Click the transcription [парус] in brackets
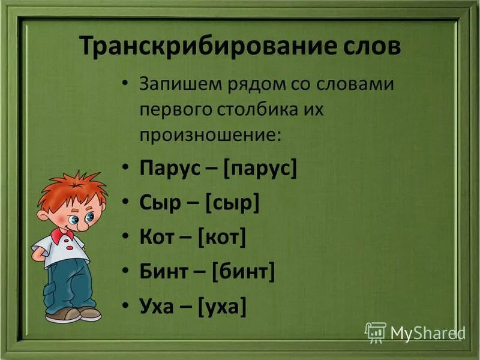click(x=260, y=169)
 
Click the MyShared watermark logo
click(x=414, y=331)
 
